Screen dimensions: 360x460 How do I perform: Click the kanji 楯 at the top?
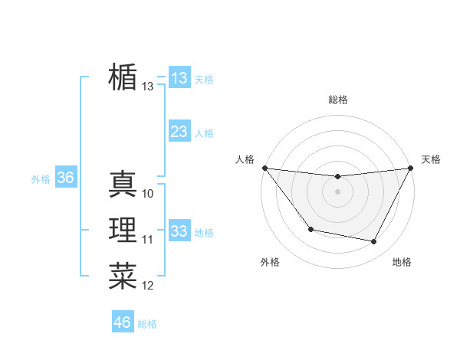click(x=123, y=77)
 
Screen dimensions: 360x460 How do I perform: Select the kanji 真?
click(x=123, y=184)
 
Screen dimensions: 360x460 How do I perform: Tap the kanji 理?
click(x=123, y=231)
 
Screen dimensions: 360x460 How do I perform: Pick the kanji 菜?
click(x=123, y=277)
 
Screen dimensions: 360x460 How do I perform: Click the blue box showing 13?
click(x=179, y=77)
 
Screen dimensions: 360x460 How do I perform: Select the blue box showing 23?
click(x=179, y=132)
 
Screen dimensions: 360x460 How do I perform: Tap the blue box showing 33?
click(x=179, y=231)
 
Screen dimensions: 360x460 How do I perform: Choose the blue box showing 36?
click(x=65, y=178)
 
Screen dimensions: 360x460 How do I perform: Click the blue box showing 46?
click(x=123, y=322)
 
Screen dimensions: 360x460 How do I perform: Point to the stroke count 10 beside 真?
click(x=148, y=194)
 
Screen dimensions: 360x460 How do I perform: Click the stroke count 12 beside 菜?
click(x=148, y=286)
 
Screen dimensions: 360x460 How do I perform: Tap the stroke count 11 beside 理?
click(x=148, y=241)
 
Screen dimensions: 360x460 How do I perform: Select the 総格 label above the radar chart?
click(x=337, y=100)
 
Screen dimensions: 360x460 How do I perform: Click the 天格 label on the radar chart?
click(x=431, y=159)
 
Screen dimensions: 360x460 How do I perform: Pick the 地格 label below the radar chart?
click(x=402, y=262)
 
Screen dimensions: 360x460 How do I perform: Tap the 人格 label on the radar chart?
click(x=245, y=159)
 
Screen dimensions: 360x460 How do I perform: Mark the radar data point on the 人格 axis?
click(x=264, y=168)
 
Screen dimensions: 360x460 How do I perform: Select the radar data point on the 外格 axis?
click(x=310, y=229)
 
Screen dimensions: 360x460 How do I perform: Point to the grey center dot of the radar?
click(x=337, y=191)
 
